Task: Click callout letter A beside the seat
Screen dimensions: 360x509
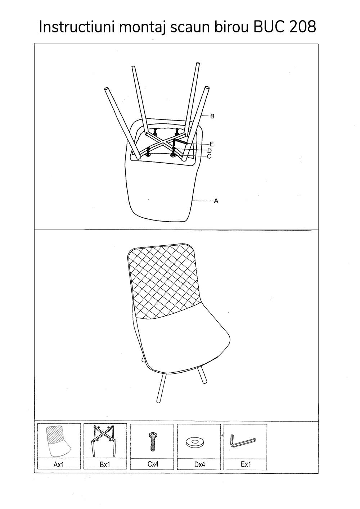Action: pyautogui.click(x=216, y=201)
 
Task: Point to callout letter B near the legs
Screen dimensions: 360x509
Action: pyautogui.click(x=212, y=116)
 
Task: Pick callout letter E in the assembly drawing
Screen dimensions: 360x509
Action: pyautogui.click(x=212, y=144)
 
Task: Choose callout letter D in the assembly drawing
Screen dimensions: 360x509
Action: pyautogui.click(x=209, y=151)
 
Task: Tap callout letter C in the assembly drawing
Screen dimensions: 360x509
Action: pyautogui.click(x=209, y=156)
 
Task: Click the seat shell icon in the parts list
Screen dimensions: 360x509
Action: pyautogui.click(x=58, y=441)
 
